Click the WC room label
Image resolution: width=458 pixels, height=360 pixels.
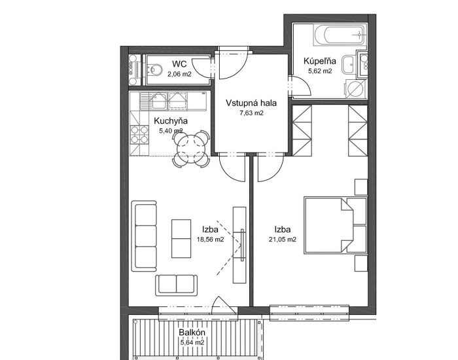point(179,64)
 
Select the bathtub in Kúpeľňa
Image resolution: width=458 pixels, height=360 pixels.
point(340,35)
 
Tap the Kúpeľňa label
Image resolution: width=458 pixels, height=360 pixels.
point(319,61)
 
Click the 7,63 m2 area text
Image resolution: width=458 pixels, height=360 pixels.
point(251,113)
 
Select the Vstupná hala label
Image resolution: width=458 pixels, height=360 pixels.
point(251,103)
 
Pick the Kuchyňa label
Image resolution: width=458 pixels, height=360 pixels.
point(171,121)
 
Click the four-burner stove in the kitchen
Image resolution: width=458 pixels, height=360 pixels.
point(139,134)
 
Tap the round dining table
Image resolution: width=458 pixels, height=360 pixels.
point(191,145)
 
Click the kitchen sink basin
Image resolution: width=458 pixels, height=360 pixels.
point(159,101)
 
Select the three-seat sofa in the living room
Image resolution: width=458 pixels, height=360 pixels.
point(144,236)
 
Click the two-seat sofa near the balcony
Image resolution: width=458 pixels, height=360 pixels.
point(177,285)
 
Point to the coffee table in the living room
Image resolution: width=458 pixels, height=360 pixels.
point(181,239)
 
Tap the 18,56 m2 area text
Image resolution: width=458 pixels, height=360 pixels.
point(210,240)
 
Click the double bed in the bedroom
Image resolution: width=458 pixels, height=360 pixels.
point(335,226)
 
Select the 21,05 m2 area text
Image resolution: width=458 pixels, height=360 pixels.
point(283,240)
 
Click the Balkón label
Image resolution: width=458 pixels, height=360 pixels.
point(192,333)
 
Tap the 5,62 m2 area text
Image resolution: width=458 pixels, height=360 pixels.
point(320,71)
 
